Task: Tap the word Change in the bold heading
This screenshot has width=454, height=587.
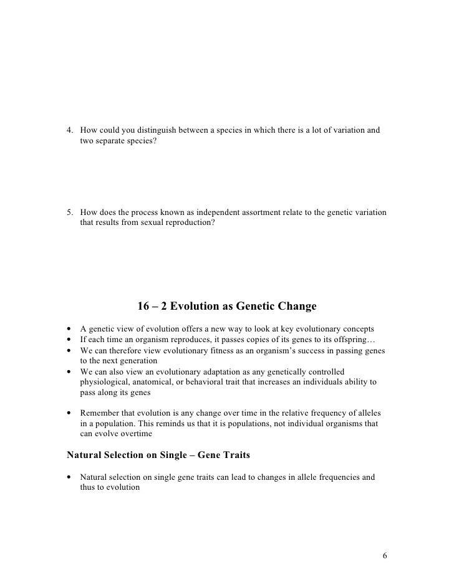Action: pos(297,307)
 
